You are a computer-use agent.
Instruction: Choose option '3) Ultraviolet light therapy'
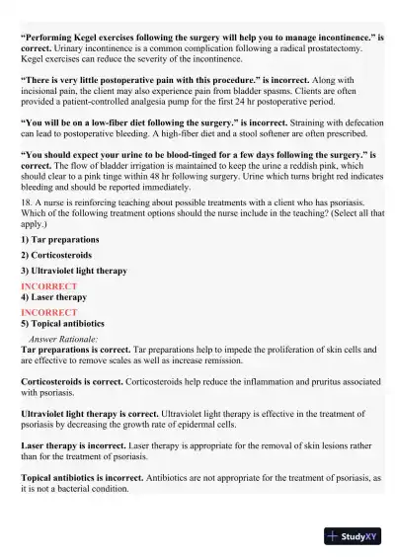[73, 271]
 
